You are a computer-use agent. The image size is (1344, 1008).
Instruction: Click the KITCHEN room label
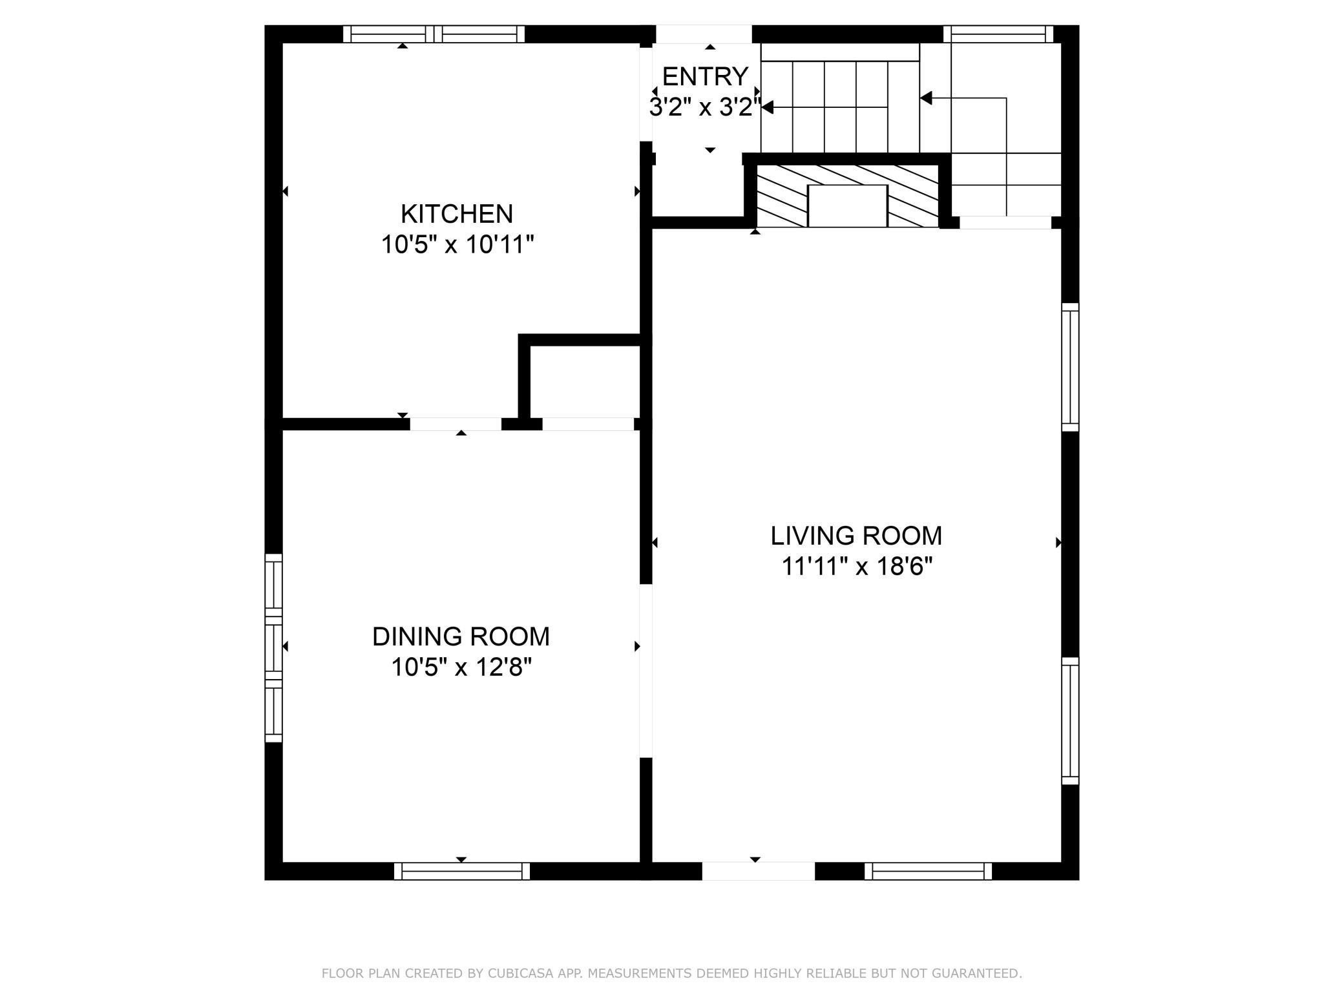457,213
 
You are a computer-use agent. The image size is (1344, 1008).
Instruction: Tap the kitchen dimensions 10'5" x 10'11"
457,245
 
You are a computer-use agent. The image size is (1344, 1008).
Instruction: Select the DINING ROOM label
461,636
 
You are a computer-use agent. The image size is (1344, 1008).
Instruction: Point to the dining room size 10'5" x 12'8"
461,667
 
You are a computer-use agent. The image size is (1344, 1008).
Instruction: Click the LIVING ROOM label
856,536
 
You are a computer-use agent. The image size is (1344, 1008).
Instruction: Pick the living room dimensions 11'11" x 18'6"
857,567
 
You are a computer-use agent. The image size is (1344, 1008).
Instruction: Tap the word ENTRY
705,76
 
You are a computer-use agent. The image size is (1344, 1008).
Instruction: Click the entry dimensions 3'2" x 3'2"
705,107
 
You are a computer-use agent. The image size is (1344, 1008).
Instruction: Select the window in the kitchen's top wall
434,34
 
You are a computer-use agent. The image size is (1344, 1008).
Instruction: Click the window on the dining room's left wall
274,647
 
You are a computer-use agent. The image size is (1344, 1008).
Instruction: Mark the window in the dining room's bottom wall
462,871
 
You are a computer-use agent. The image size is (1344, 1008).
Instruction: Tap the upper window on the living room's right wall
1071,367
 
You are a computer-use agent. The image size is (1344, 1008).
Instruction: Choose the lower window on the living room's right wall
1071,721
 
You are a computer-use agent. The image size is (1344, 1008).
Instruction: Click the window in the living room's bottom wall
928,871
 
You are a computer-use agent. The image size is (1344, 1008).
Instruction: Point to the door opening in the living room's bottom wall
759,871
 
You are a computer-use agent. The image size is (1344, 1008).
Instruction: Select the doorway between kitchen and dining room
456,424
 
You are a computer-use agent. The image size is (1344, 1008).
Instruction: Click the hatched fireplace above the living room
847,196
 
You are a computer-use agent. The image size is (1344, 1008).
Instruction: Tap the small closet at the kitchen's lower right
585,381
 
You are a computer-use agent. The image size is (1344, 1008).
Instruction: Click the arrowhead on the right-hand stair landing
926,98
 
